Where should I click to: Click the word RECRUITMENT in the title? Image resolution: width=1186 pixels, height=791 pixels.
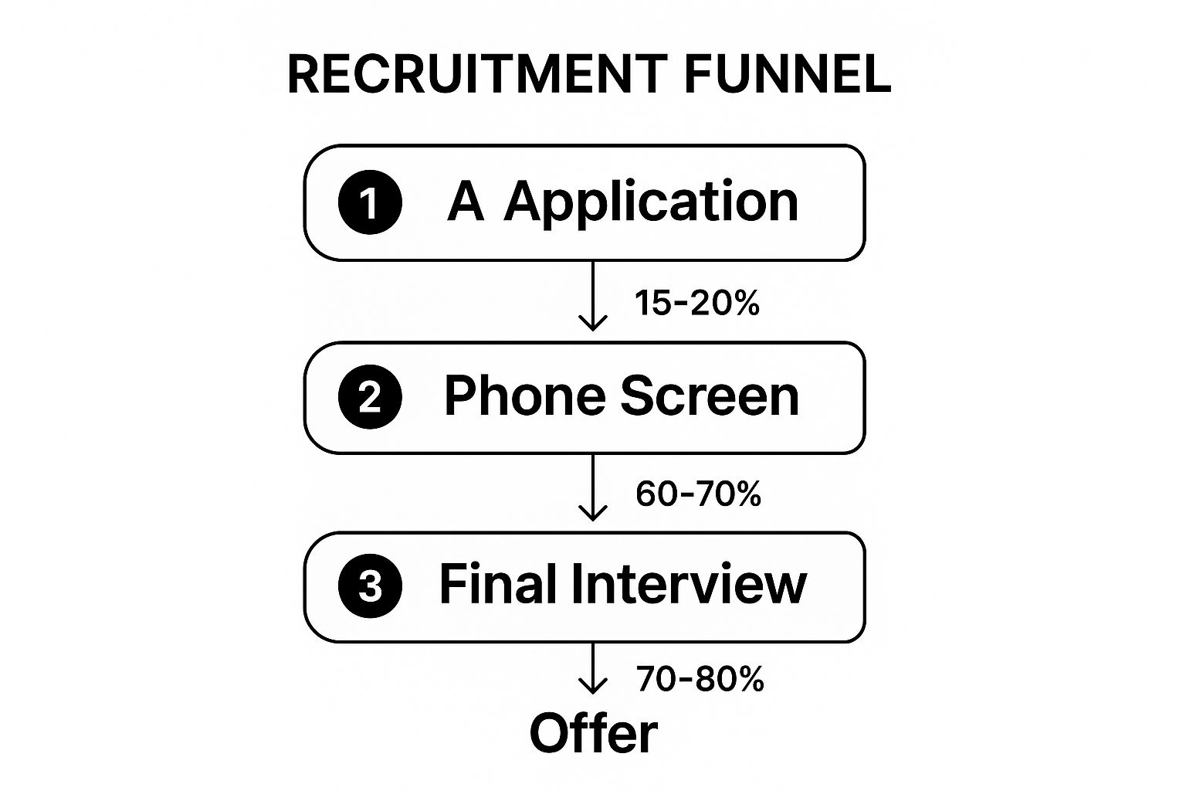[478, 74]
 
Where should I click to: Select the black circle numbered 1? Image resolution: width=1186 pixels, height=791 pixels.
[370, 202]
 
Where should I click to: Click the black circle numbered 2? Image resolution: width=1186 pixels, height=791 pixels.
[370, 396]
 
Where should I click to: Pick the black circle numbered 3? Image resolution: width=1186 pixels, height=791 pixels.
[370, 586]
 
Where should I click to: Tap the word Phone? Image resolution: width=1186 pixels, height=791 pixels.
[525, 395]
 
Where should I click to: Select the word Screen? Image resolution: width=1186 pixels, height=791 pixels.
[710, 395]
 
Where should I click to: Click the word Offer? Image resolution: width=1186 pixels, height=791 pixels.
[594, 733]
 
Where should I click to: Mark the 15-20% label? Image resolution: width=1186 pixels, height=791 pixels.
[697, 303]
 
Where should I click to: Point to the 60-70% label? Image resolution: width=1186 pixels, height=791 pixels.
[698, 494]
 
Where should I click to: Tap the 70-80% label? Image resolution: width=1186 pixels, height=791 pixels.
[700, 679]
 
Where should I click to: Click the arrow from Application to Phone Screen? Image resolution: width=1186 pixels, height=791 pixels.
[593, 296]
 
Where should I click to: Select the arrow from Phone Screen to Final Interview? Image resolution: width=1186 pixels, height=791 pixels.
[593, 487]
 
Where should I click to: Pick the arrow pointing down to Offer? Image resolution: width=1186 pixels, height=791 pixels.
[593, 669]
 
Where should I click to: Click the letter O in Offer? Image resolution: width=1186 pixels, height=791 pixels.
[550, 733]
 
